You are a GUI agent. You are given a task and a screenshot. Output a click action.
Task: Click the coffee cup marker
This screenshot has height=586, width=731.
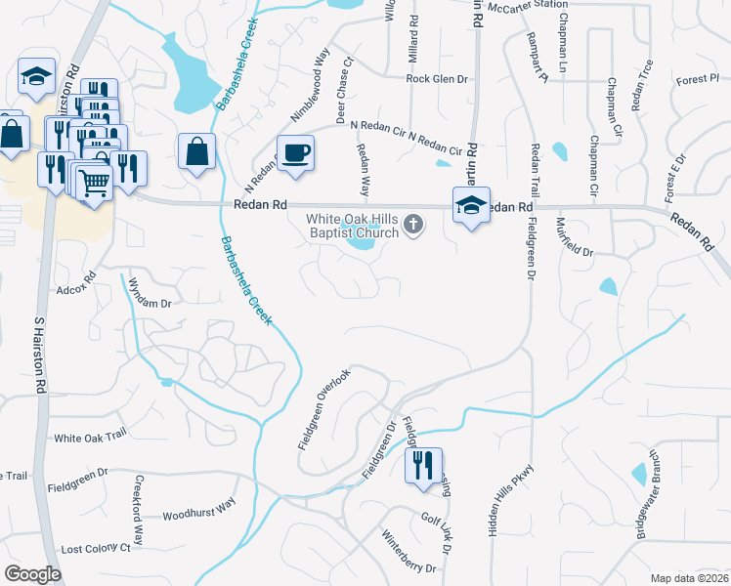point(295,153)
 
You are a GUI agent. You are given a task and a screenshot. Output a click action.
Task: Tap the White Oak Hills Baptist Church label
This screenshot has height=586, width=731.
point(353,226)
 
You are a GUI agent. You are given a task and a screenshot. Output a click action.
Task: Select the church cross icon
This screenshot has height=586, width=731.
point(413,226)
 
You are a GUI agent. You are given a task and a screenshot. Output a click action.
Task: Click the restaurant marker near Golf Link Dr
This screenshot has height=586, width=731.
point(422,465)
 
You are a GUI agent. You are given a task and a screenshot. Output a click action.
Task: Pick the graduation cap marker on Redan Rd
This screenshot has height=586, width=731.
point(471,206)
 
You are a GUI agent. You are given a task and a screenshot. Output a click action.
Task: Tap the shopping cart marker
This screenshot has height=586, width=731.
point(94,182)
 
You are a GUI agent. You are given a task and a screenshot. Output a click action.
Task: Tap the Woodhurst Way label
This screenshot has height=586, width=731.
point(199,511)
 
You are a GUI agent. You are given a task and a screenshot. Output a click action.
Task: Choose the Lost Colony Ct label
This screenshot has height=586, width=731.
point(96,549)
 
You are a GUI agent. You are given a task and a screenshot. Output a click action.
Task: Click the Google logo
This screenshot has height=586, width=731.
point(32,574)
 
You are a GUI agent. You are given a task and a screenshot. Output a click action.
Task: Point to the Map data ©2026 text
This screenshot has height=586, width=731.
point(689,578)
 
